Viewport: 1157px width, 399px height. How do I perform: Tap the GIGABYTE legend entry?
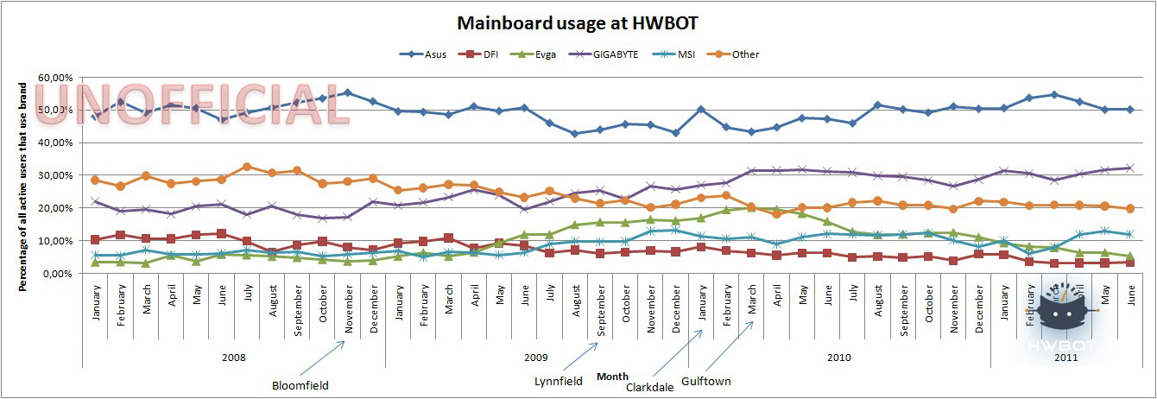[x=610, y=54]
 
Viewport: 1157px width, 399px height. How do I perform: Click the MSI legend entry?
[x=677, y=54]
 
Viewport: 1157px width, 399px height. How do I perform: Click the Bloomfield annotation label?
[x=300, y=386]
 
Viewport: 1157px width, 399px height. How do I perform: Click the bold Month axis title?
[x=612, y=377]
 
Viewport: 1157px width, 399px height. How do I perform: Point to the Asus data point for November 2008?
[x=347, y=93]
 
